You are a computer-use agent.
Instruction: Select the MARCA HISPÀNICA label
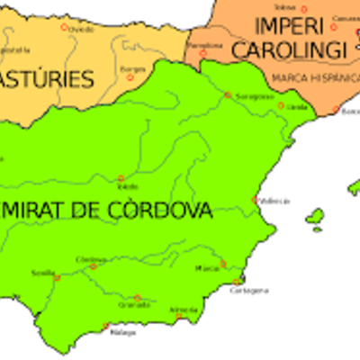pos(310,77)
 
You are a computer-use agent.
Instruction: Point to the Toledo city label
pos(128,187)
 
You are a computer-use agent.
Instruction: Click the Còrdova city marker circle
pos(94,266)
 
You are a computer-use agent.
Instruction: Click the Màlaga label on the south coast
pos(123,333)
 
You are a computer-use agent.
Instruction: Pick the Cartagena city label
pos(249,291)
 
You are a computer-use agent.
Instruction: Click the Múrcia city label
pos(207,268)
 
